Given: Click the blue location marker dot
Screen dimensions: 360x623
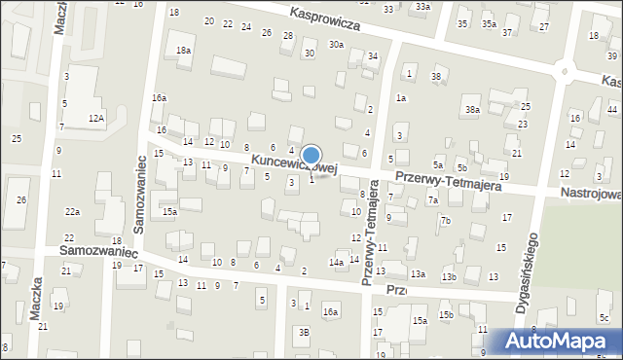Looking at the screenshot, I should [x=311, y=154].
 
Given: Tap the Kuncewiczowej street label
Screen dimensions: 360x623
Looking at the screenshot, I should [x=293, y=165].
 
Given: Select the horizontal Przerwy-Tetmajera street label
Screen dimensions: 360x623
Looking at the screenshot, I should [x=448, y=181].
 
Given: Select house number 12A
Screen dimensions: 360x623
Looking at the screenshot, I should [x=95, y=118].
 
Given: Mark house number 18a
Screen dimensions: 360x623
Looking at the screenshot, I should [x=182, y=50].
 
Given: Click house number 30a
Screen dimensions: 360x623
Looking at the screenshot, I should [x=336, y=44].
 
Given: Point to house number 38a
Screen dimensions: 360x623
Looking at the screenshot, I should [x=472, y=110].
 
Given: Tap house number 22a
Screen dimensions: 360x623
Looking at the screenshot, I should [x=72, y=211].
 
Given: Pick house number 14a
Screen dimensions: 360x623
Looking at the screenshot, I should [x=336, y=263].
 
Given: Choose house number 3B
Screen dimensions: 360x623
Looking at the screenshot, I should [x=304, y=332].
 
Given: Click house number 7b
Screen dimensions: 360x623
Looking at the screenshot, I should [x=445, y=221].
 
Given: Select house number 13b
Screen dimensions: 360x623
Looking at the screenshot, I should [x=449, y=277].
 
